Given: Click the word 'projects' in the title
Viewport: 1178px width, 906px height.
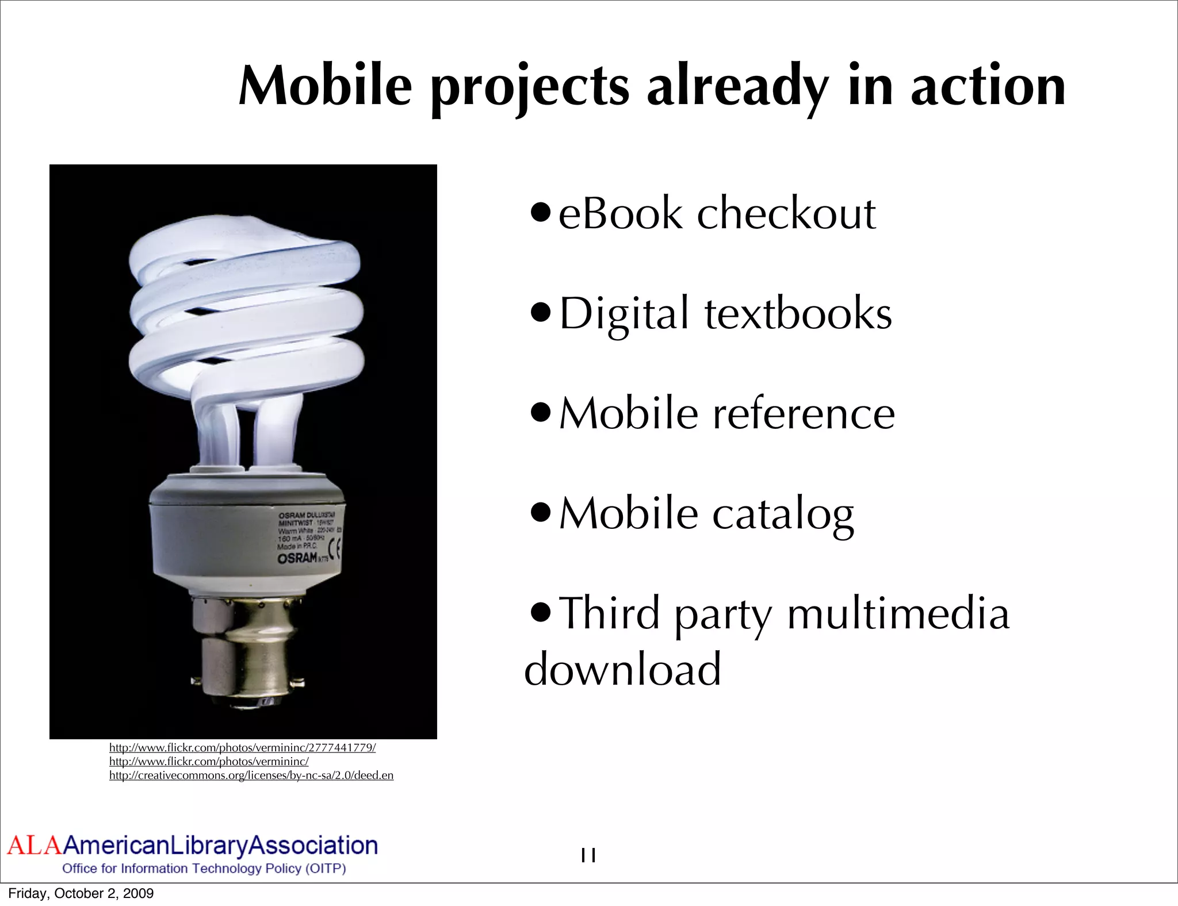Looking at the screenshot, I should click(530, 87).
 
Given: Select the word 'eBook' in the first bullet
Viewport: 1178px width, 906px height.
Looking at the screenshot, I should click(620, 213).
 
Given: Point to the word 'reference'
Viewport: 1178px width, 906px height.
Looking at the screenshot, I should click(804, 413).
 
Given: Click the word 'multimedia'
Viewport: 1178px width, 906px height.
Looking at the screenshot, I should click(898, 614).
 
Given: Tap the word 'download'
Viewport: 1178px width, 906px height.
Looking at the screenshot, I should click(622, 669).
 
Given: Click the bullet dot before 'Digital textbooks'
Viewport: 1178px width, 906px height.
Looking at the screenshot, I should click(541, 314).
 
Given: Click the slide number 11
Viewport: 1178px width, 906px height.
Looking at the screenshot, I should click(588, 855).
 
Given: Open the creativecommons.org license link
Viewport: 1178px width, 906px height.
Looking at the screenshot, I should click(251, 776).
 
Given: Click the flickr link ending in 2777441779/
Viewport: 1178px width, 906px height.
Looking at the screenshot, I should click(242, 748).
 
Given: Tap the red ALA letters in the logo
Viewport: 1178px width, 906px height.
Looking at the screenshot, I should click(33, 846).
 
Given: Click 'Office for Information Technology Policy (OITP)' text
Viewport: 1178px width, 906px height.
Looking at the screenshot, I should click(204, 869).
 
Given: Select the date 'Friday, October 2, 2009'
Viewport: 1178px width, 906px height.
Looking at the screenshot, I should click(81, 893).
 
